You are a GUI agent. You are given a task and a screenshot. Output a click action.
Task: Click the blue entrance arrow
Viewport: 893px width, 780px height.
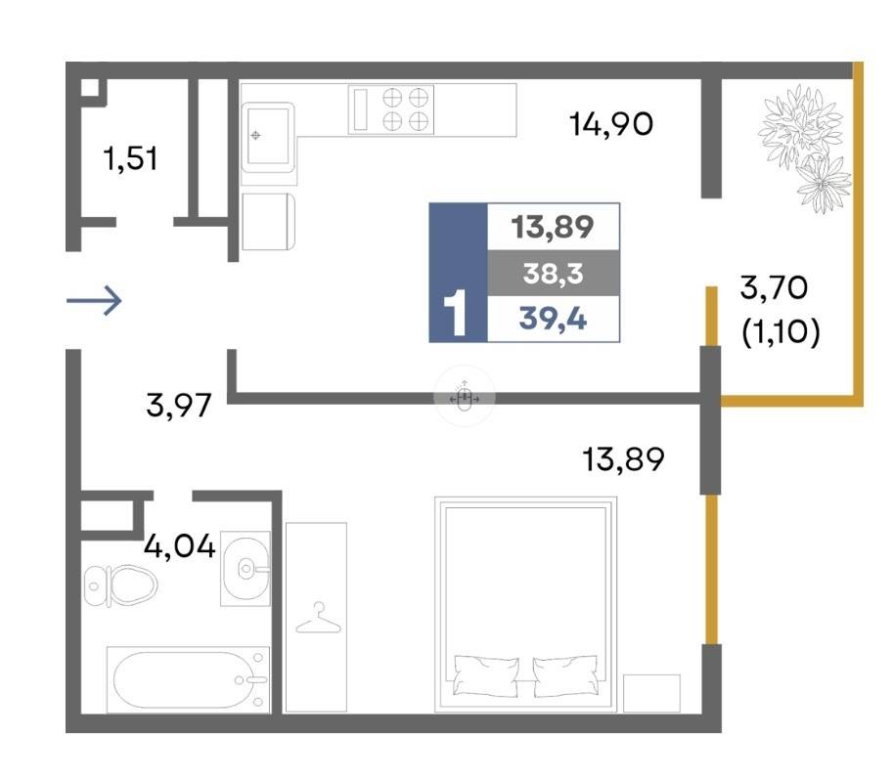click(x=94, y=300)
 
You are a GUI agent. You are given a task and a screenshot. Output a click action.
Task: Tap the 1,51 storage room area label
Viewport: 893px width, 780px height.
click(x=130, y=158)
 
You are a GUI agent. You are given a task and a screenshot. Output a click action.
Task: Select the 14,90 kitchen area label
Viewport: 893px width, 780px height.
click(x=611, y=123)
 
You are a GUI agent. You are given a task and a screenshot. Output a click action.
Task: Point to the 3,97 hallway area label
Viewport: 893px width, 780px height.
click(x=179, y=406)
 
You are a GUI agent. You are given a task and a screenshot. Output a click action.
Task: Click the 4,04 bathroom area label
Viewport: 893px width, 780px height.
click(x=179, y=546)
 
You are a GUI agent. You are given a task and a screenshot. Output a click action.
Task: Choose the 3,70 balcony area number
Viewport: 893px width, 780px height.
click(x=774, y=287)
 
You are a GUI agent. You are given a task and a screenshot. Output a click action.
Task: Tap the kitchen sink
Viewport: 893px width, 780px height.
click(x=268, y=137)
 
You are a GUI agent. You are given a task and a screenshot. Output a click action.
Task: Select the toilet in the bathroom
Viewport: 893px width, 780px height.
click(x=120, y=585)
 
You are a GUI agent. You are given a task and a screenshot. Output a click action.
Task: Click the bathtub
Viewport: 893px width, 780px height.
click(x=188, y=679)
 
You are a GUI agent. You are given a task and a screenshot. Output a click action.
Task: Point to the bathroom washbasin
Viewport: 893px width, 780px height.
click(x=246, y=568)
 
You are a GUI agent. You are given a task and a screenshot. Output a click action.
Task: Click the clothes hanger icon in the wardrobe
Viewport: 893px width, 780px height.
click(x=318, y=619)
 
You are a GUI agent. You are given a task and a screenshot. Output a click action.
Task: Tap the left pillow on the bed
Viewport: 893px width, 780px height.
click(x=486, y=675)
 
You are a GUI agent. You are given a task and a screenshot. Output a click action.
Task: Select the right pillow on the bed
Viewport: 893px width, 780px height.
click(x=565, y=675)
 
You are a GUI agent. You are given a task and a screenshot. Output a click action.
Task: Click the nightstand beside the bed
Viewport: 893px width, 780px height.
click(x=651, y=693)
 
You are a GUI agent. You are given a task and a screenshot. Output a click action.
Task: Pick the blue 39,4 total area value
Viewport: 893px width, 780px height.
click(x=553, y=319)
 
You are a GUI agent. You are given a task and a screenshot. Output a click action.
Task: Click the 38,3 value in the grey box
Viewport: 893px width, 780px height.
click(x=553, y=274)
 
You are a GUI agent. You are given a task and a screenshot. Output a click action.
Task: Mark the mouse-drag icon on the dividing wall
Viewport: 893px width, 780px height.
click(x=465, y=396)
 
